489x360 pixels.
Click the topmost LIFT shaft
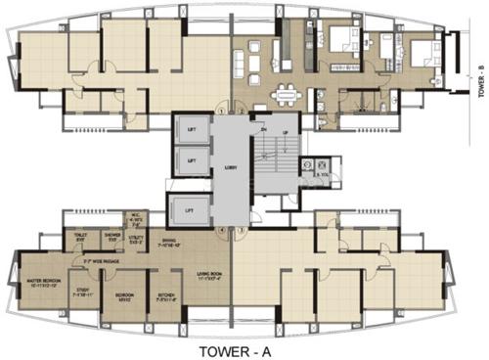[192, 129]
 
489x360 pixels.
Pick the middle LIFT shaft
[192, 160]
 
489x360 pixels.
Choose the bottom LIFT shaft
[192, 208]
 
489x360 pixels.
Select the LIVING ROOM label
[209, 251]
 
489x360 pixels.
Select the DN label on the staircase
[263, 128]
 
